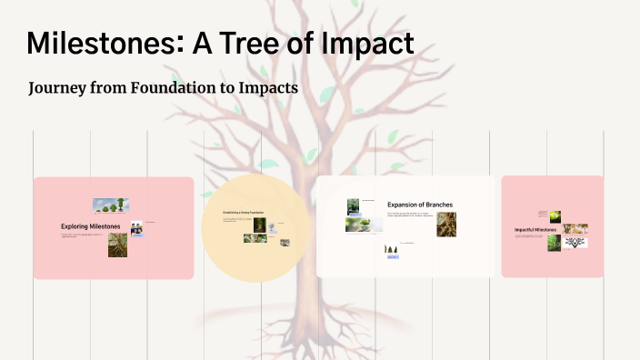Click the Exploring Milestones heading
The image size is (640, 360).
[x=91, y=226]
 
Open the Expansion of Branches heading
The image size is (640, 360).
[x=419, y=205]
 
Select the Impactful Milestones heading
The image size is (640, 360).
[x=535, y=230]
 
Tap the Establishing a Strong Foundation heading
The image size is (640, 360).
[x=244, y=213]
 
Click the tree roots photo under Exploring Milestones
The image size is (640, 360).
[x=117, y=245]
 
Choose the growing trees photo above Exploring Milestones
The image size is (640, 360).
[x=110, y=205]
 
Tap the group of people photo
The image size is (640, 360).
[x=136, y=229]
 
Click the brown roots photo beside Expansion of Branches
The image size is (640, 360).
[x=446, y=225]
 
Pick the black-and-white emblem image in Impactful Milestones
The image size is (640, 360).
[x=575, y=243]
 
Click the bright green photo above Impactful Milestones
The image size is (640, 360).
[x=555, y=216]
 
